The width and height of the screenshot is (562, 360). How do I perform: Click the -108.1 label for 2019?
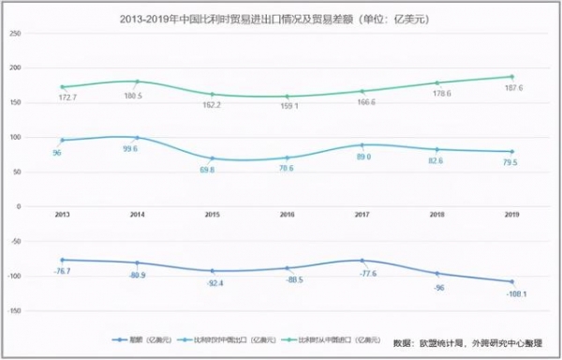pyautogui.click(x=512, y=292)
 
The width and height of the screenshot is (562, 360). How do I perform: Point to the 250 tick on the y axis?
pyautogui.click(x=14, y=34)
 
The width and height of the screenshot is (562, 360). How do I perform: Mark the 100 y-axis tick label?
pyautogui.click(x=14, y=137)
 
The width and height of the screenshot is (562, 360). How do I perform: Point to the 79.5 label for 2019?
pyautogui.click(x=512, y=162)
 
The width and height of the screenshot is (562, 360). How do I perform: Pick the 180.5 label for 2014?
pyautogui.click(x=137, y=94)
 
